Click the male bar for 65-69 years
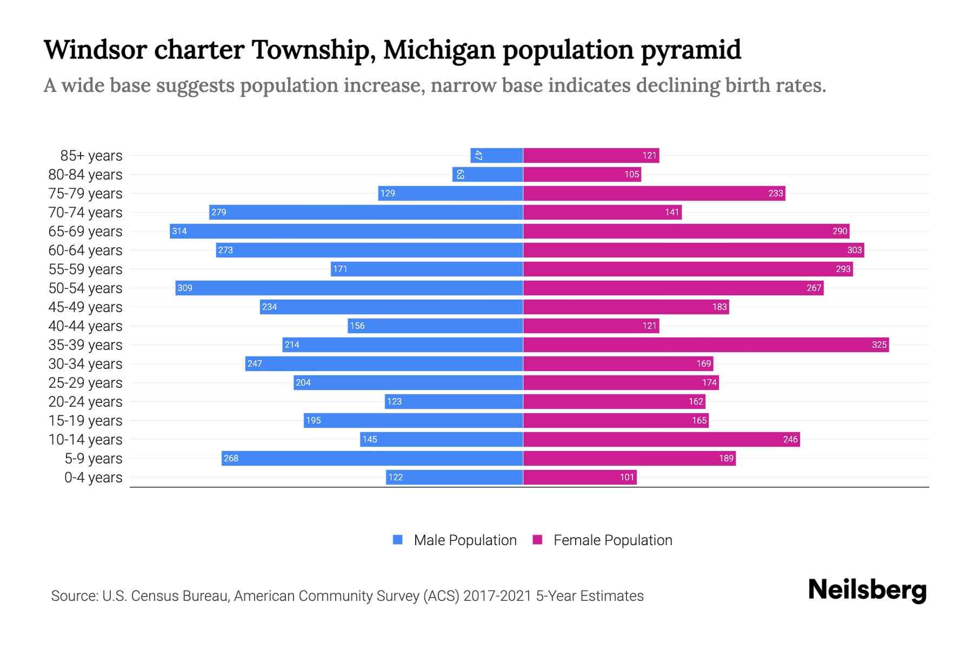coord(346,231)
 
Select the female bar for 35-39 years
coord(705,345)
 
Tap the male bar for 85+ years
coord(496,155)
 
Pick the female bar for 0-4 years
coord(579,477)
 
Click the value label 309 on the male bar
coord(185,288)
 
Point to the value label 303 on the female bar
coord(854,250)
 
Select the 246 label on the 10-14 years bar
coord(790,439)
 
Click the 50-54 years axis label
coord(85,288)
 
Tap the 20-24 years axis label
coord(85,401)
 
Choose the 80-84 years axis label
coord(85,174)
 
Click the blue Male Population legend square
coord(398,540)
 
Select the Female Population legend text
coord(612,540)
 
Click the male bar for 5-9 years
coord(372,458)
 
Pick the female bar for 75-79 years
coord(654,193)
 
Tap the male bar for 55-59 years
coord(426,269)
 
